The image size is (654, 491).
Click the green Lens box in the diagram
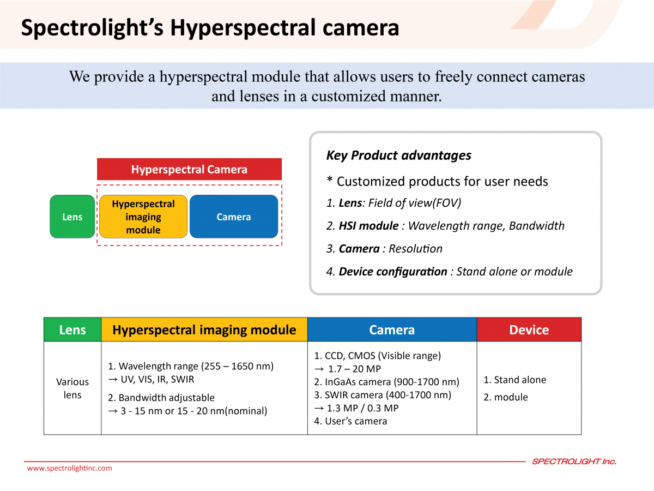pos(72,217)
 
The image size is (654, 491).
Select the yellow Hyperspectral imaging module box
pos(143,217)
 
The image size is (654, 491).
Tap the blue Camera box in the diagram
pos(234,217)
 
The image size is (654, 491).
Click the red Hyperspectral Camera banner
pos(189,169)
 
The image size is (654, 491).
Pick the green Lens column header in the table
pos(72,330)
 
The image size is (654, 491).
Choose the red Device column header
pos(529,330)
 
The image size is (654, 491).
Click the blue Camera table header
pos(392,330)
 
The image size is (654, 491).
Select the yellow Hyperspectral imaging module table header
pos(204,330)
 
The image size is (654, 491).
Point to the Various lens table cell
pos(72,388)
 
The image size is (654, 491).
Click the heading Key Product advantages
pos(398,155)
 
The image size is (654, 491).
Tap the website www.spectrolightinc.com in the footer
pos(69,468)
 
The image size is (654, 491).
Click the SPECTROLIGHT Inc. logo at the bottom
pos(574,462)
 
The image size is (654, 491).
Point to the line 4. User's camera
pos(350,421)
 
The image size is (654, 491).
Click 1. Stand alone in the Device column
pos(514,380)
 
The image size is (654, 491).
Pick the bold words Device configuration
pos(393,272)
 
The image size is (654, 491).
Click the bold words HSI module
pos(368,226)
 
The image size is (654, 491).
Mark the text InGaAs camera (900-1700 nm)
pos(392,382)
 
